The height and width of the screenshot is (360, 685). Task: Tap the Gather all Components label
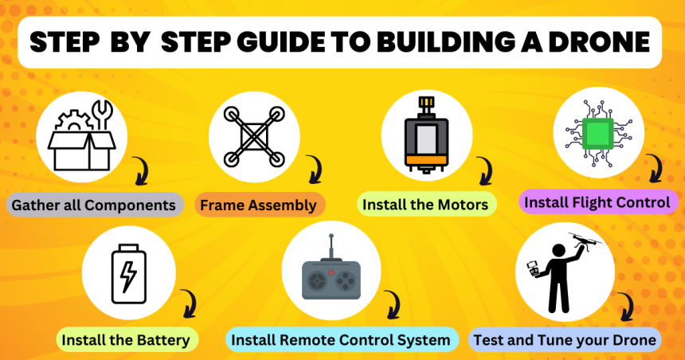pos(92,205)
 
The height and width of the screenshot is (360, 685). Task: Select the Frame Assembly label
pos(258,205)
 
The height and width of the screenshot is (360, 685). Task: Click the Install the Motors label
pos(425,205)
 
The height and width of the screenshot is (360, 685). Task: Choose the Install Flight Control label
pos(597,202)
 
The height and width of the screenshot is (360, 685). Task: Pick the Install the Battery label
pos(126,340)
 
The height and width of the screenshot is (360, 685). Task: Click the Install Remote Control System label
pos(341,340)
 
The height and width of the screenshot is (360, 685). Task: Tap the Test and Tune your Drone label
pos(565,340)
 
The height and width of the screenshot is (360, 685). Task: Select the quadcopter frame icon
pos(254,135)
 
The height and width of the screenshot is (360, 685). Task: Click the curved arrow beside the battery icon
pos(189,303)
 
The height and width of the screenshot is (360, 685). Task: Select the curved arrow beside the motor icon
pos(483,170)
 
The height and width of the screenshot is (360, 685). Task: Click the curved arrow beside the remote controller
pos(392,304)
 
